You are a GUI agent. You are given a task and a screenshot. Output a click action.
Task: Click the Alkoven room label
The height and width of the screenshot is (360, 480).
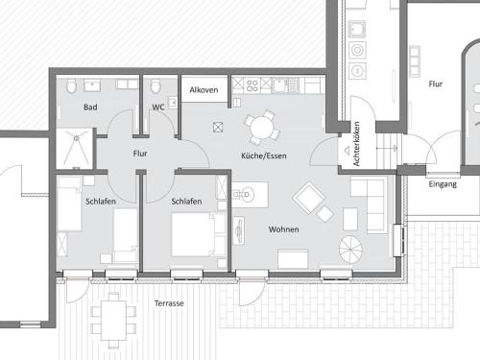(204, 90)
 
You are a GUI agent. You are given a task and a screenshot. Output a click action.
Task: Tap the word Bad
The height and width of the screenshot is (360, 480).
(90, 108)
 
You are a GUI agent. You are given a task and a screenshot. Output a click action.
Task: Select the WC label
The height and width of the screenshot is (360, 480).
(158, 107)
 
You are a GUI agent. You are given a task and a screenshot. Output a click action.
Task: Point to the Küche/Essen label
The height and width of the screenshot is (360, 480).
(264, 156)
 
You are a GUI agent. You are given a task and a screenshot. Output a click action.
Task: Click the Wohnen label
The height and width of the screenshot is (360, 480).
(284, 229)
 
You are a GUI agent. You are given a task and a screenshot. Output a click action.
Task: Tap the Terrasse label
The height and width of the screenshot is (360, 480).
(169, 303)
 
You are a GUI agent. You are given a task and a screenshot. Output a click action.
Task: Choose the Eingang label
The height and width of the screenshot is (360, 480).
(443, 184)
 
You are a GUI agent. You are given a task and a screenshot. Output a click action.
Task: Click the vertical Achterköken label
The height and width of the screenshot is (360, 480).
(356, 144)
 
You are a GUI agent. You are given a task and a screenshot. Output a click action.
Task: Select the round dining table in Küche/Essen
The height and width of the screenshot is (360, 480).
(262, 128)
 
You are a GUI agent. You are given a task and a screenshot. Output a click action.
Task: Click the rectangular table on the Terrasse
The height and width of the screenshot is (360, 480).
(113, 321)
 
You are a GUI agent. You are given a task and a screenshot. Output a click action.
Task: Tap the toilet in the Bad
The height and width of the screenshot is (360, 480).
(71, 86)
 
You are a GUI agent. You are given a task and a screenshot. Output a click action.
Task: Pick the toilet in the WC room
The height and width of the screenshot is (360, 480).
(156, 86)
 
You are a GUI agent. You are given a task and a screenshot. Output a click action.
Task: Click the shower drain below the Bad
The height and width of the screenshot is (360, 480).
(76, 138)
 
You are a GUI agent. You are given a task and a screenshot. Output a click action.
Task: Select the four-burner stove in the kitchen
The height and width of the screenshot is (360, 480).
(252, 85)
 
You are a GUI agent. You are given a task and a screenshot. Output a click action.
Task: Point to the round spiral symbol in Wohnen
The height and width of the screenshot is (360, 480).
(350, 250)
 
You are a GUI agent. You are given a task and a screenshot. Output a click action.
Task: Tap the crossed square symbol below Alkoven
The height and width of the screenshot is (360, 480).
(218, 128)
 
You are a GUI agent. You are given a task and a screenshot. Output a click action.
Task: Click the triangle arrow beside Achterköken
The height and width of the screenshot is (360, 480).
(347, 150)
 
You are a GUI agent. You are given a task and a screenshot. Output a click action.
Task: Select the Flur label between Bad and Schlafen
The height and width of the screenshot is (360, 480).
(140, 154)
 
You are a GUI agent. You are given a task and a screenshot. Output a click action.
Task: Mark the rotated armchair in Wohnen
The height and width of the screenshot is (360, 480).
(308, 198)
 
